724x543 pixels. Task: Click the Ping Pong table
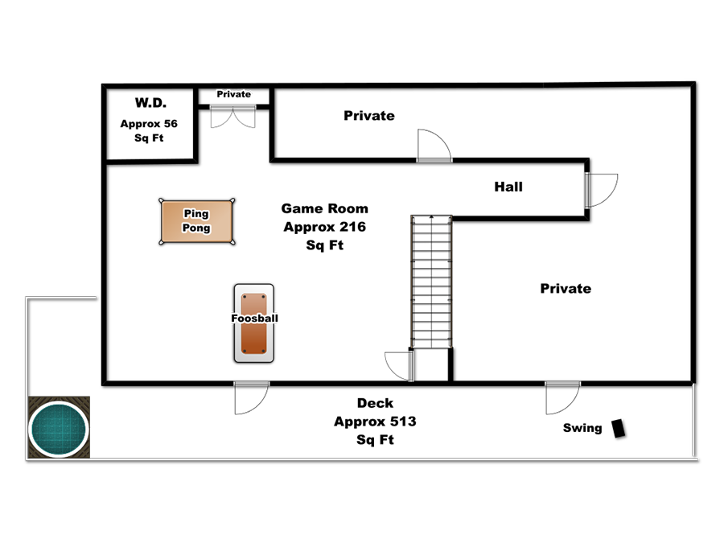[x=197, y=221]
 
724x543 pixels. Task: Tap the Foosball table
[x=254, y=323]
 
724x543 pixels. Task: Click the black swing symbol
[x=619, y=428]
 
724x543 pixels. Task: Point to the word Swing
[x=582, y=428]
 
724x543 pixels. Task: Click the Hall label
[x=508, y=187]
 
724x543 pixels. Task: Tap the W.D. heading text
[x=150, y=102]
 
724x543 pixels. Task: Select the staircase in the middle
[x=431, y=282]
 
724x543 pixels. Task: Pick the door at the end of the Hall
[x=600, y=190]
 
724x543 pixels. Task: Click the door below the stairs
[x=399, y=366]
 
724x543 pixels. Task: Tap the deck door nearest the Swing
[x=562, y=397]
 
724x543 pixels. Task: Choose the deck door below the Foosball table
[x=251, y=397]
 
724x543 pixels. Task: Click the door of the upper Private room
[x=434, y=146]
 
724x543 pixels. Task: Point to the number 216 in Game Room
[x=353, y=227]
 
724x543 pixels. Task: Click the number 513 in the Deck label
[x=403, y=421]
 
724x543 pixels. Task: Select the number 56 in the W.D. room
[x=171, y=124]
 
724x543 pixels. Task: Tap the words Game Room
[x=325, y=208]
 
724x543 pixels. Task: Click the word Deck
[x=375, y=403]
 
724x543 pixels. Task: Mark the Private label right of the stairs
[x=566, y=289]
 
